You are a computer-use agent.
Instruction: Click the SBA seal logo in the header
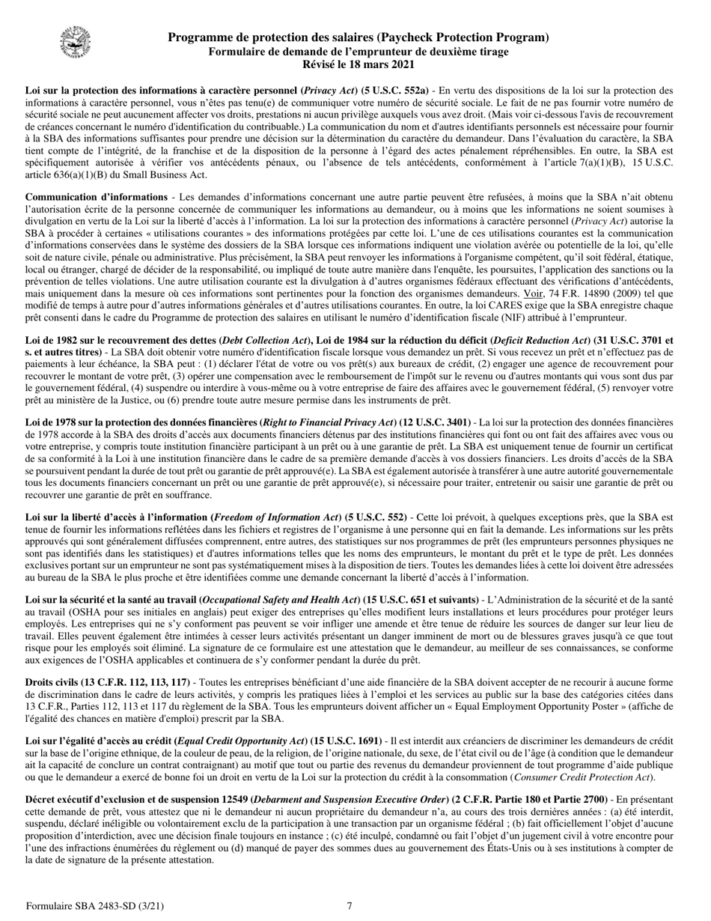72,40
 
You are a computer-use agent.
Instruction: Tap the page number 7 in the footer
350,906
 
